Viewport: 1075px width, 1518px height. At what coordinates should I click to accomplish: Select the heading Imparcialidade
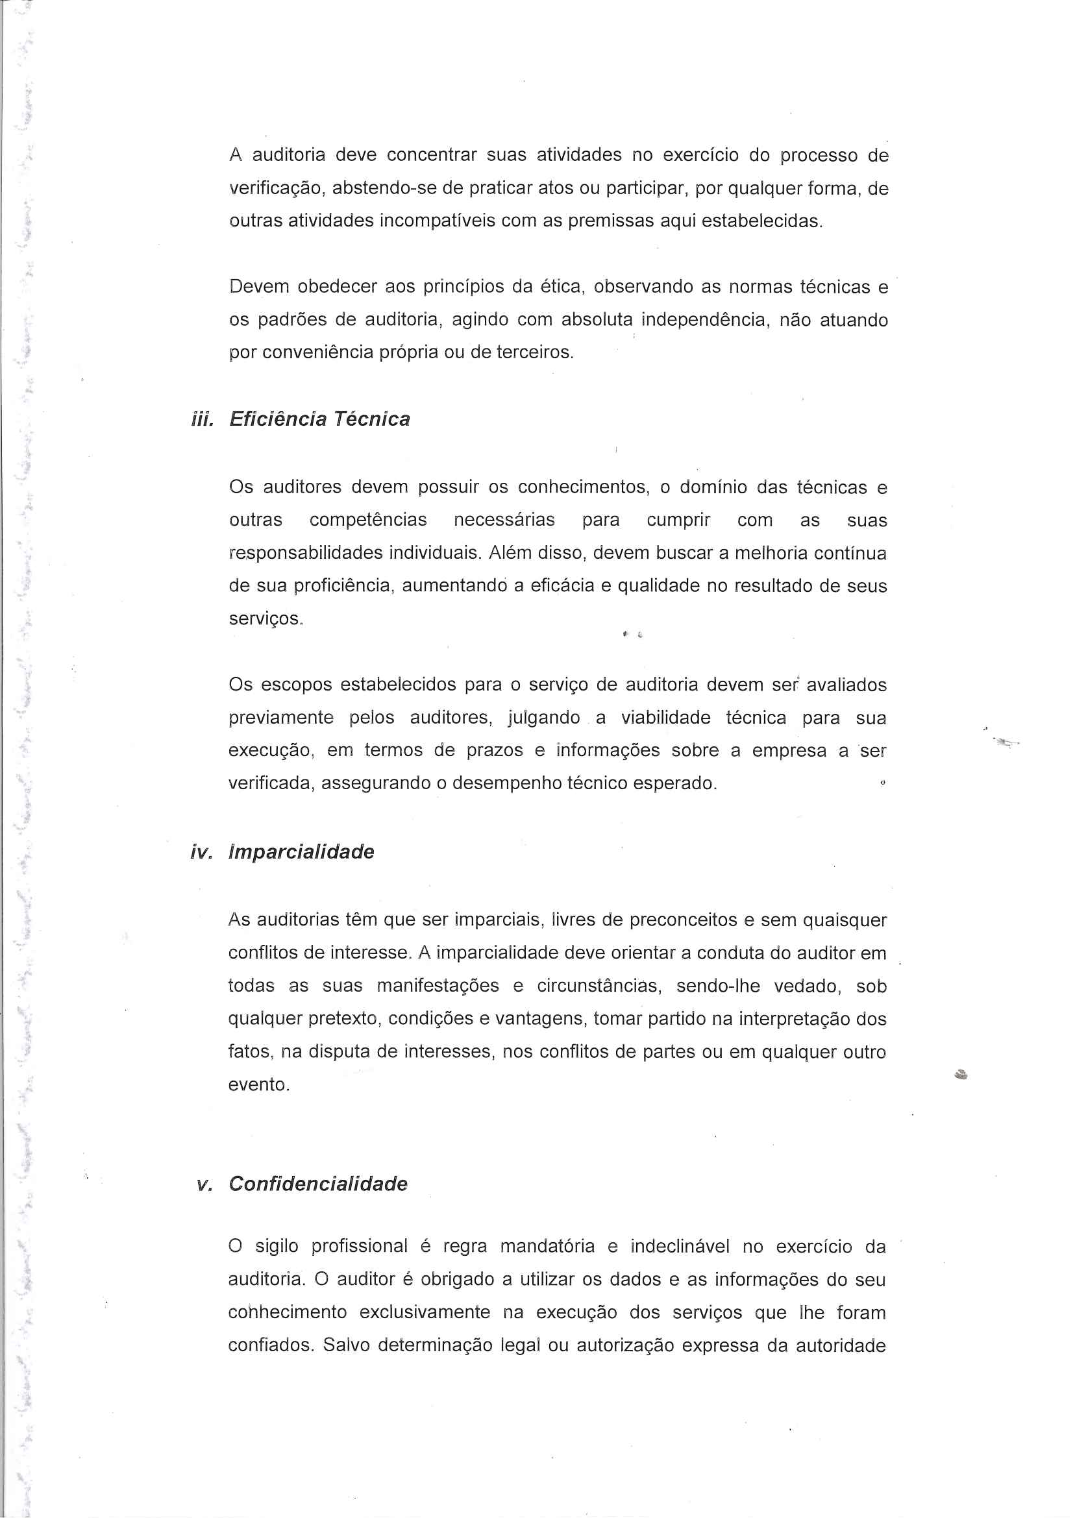click(301, 851)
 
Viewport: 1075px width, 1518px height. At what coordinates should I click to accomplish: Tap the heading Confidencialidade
click(317, 1184)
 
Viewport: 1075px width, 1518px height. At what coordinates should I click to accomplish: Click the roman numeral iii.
click(202, 419)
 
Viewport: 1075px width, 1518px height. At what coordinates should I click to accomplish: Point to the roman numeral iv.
click(201, 852)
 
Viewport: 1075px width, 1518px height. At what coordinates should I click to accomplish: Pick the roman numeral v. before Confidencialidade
click(204, 1184)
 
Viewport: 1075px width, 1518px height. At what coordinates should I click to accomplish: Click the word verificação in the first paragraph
click(277, 189)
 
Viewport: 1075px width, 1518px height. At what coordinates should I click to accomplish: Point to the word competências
click(368, 520)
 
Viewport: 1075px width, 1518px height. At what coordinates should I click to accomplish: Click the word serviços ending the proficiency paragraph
click(265, 619)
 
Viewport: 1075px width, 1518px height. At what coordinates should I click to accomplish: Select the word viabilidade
click(665, 717)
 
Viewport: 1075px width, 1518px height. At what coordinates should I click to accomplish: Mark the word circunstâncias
click(599, 986)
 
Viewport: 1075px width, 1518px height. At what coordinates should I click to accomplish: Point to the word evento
click(258, 1084)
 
